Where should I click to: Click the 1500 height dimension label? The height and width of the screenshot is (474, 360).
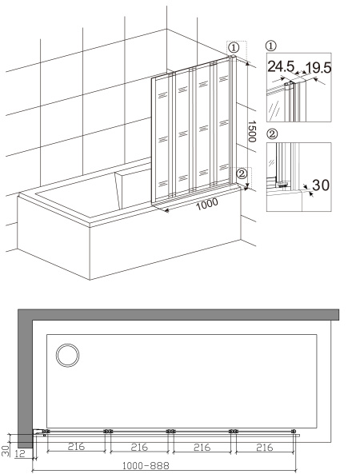tap(252, 132)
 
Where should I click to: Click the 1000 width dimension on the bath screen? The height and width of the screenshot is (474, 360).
tap(207, 204)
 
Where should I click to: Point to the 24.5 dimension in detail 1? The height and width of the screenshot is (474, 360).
tap(281, 66)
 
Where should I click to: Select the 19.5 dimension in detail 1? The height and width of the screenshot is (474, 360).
tap(318, 68)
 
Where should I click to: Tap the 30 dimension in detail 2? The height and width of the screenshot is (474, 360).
tap(321, 185)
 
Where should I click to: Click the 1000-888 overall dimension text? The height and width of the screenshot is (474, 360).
tap(146, 466)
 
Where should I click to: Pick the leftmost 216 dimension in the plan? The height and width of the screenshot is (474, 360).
tap(76, 447)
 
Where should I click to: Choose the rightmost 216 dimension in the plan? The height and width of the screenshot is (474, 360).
tap(264, 447)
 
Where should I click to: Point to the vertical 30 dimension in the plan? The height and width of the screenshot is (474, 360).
tap(5, 450)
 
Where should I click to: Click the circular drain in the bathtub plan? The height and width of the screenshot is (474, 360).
tap(67, 355)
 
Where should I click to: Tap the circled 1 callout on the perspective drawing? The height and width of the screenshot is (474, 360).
tap(234, 47)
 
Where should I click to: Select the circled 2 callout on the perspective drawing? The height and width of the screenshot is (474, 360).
tap(242, 173)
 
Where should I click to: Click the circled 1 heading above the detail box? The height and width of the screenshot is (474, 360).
tap(270, 46)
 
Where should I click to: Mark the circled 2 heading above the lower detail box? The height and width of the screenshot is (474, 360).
tap(273, 134)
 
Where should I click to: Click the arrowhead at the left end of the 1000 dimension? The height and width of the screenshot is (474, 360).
tap(166, 210)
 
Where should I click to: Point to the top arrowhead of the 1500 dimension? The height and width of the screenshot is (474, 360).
tap(248, 63)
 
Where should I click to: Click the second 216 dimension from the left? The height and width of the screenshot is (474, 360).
tap(139, 447)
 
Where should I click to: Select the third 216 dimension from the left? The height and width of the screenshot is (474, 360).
tap(202, 447)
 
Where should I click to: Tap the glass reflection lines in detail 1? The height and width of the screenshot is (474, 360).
tap(274, 109)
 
